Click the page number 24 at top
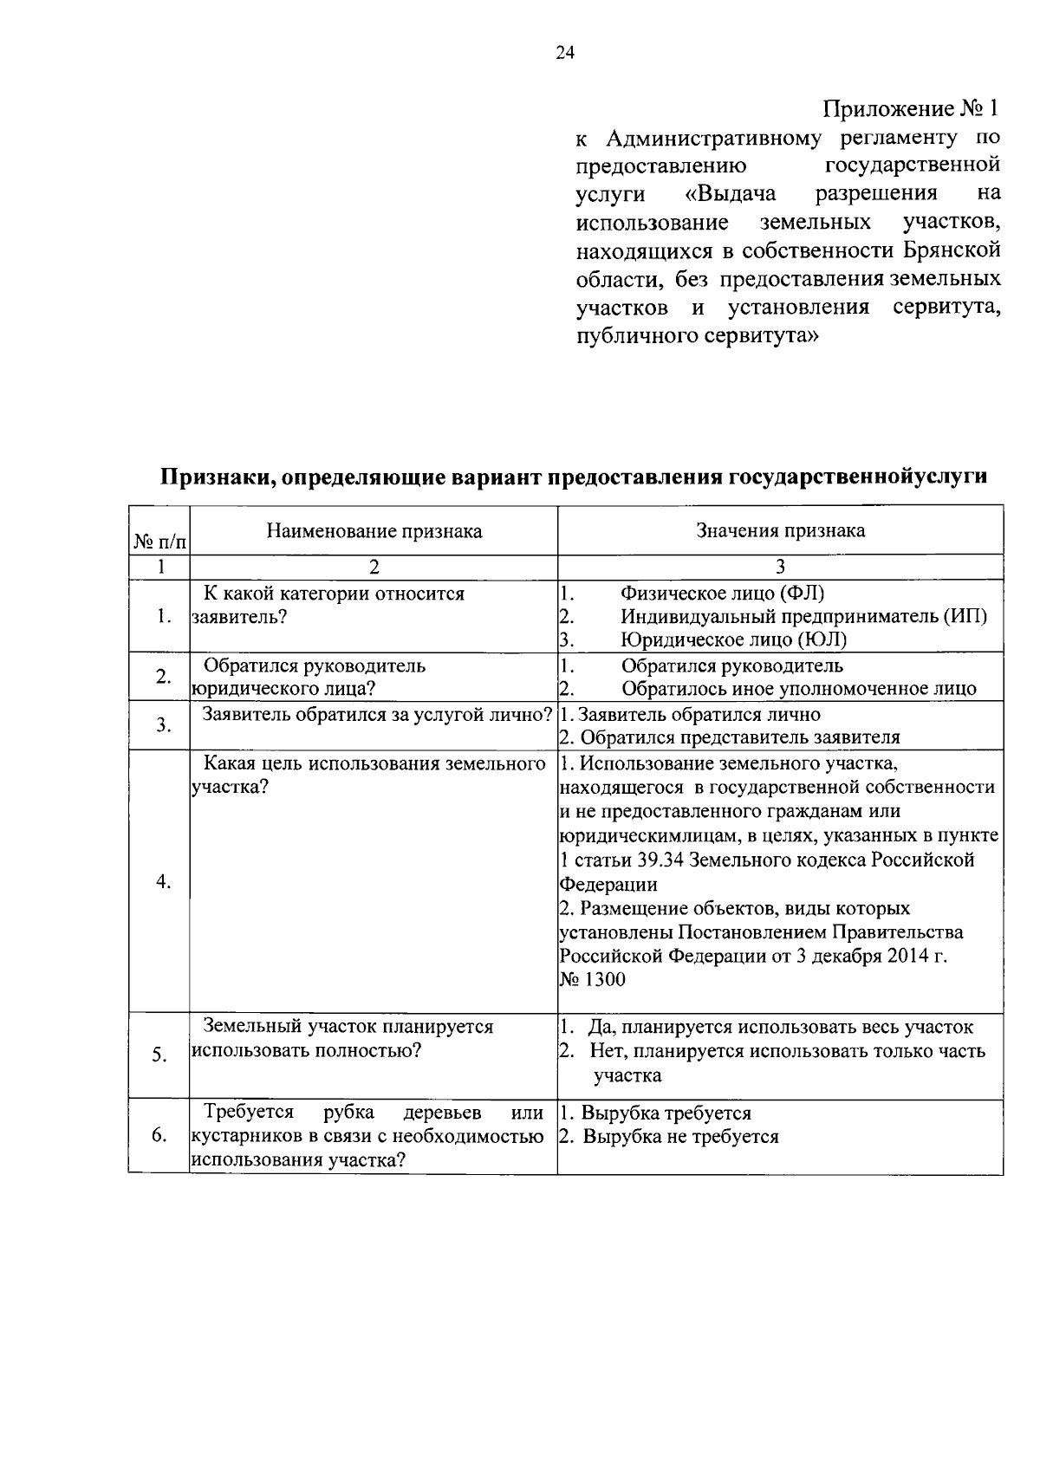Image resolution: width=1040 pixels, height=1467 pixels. point(564,54)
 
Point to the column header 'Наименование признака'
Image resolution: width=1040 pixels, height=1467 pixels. point(374,531)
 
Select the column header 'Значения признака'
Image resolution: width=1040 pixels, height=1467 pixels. point(780,530)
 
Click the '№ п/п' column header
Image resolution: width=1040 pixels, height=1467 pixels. point(159,542)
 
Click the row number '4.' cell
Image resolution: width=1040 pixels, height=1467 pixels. point(162,881)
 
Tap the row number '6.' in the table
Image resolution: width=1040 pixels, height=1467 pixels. point(159,1135)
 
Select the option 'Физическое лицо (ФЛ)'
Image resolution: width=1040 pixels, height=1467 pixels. point(722,594)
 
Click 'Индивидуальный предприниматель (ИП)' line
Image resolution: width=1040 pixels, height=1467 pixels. point(803,616)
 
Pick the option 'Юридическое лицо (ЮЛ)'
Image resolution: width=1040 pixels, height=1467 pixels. point(733,639)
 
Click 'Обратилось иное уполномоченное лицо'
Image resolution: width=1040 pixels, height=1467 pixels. point(798,689)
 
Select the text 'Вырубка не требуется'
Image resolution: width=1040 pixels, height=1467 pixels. point(680,1136)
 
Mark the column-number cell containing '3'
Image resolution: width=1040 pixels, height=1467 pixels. point(780,567)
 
